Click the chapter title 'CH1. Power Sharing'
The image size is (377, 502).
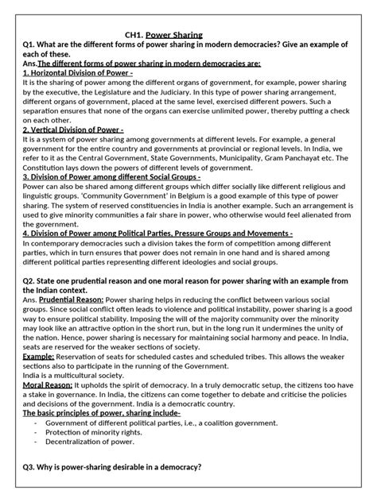click(165, 34)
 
